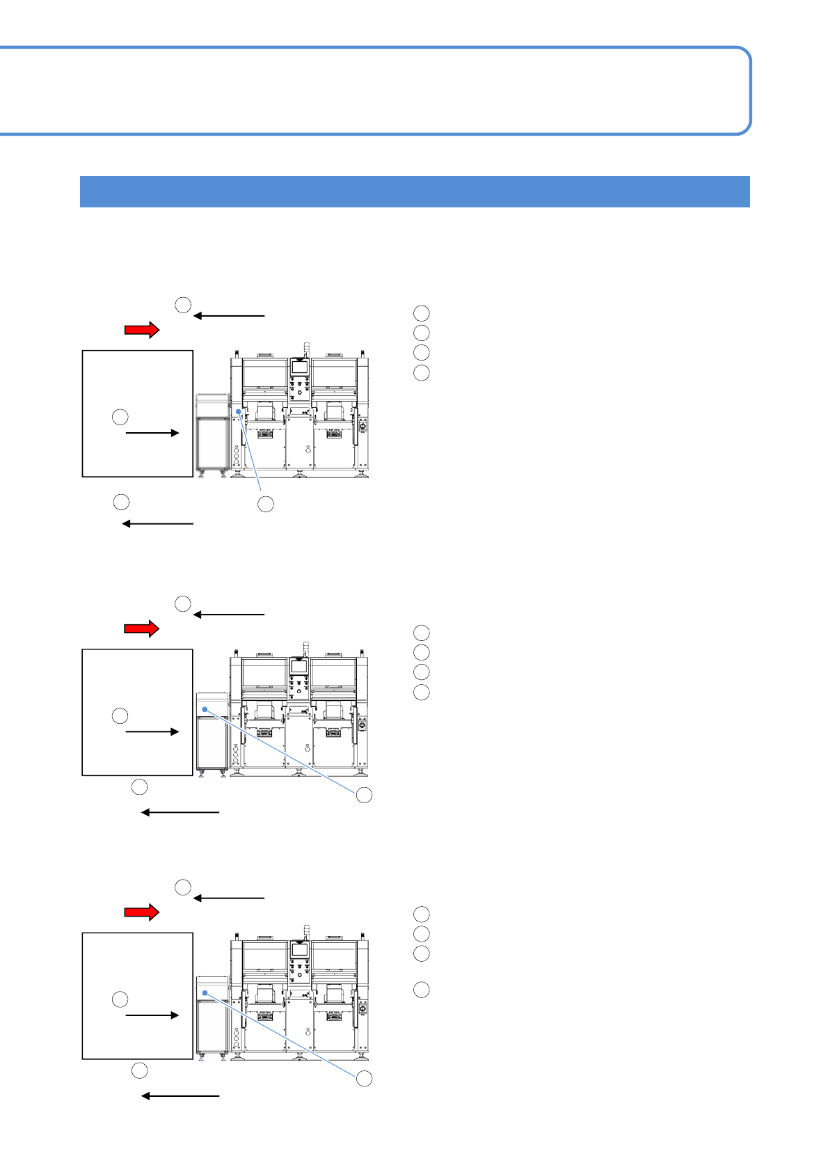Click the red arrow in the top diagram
[142, 330]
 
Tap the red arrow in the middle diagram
[142, 628]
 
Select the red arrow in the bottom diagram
[142, 912]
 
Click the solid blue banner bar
[415, 191]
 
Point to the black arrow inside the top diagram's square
[152, 433]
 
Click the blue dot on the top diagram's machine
[238, 412]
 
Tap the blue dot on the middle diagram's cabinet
[205, 709]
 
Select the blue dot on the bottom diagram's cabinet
[205, 992]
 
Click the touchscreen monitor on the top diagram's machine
[300, 367]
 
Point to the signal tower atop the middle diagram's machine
[304, 648]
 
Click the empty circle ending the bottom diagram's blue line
[364, 1079]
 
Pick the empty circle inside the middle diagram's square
[120, 715]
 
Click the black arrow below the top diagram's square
[158, 523]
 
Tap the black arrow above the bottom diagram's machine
[229, 898]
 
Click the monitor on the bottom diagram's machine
[300, 950]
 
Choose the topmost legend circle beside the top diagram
[421, 313]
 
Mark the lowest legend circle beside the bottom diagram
[421, 990]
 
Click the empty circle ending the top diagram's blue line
[265, 505]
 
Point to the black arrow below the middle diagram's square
[180, 812]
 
